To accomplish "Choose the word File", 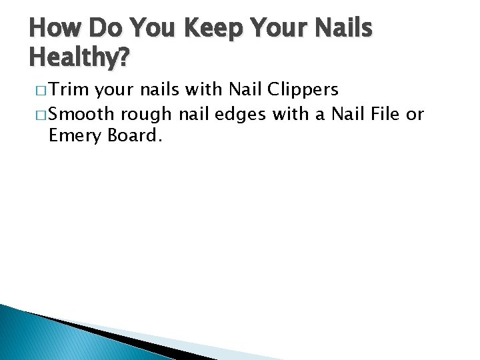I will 385,114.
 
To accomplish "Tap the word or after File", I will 415,114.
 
